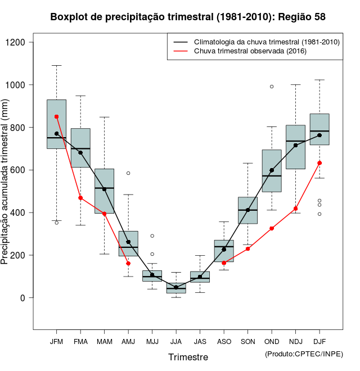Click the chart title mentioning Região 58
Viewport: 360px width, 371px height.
[x=188, y=17]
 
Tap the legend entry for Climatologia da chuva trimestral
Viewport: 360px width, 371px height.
[x=266, y=42]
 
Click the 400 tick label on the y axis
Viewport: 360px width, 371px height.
[x=20, y=213]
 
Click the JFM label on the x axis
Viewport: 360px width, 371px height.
[x=56, y=341]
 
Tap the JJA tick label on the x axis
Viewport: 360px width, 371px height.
[x=176, y=341]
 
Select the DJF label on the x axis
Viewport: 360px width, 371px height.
[x=319, y=341]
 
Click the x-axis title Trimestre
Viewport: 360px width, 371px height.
[x=188, y=357]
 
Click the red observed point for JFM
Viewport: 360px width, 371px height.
[x=56, y=117]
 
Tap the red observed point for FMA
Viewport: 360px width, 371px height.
[x=80, y=198]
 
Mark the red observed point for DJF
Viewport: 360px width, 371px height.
[x=319, y=163]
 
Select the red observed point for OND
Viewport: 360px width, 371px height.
[x=272, y=228]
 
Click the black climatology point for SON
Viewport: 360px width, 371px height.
[x=247, y=210]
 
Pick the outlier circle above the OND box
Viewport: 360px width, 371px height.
[x=272, y=87]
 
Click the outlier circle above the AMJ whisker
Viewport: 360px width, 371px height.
[x=128, y=173]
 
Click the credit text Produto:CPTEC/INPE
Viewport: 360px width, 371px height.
[x=304, y=354]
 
